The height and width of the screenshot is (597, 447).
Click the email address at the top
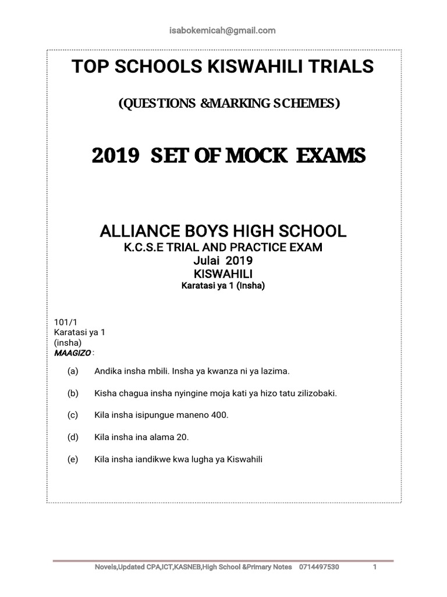[x=224, y=30]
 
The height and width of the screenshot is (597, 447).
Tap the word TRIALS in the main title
[x=340, y=68]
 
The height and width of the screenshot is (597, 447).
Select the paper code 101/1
[x=62, y=322]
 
